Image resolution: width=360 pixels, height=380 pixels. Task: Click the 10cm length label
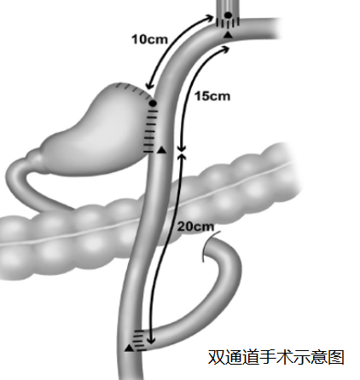tap(149, 39)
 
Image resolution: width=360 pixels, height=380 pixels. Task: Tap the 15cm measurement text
tap(212, 96)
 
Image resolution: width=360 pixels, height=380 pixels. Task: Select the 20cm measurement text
tap(195, 227)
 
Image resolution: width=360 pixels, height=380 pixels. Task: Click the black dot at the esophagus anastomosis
tap(229, 15)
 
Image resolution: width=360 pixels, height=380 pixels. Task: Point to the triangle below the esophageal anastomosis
tap(228, 35)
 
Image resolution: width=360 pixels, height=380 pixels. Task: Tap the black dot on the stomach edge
tap(153, 104)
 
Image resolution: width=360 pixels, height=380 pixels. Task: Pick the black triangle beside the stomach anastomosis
tap(161, 150)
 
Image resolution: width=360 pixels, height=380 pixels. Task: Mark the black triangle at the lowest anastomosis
tap(130, 348)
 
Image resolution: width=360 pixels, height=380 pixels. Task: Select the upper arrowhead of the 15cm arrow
tap(225, 49)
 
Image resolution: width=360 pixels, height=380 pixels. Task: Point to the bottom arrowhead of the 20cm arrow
tap(151, 340)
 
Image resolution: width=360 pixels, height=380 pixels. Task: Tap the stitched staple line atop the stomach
tap(133, 89)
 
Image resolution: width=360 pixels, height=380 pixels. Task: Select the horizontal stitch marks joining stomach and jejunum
tap(150, 130)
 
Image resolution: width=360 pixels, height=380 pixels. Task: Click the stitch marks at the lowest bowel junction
tap(139, 340)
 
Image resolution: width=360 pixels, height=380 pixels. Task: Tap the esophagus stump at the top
tap(228, 11)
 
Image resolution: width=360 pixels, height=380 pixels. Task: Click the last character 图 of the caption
tap(336, 357)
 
